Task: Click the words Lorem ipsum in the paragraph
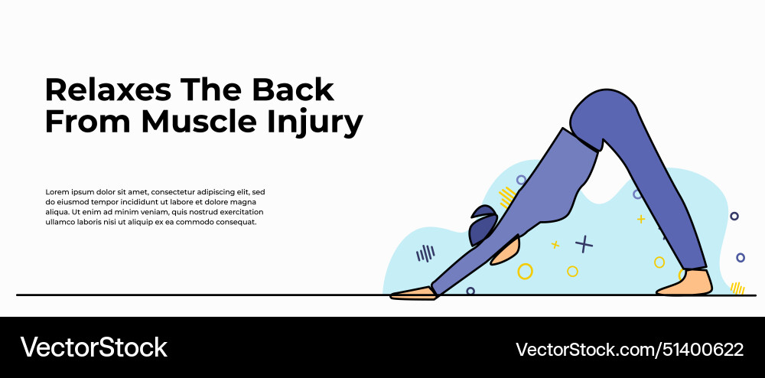67,192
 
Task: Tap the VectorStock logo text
93,348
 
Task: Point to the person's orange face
506,251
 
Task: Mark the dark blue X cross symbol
584,244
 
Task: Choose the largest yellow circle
525,271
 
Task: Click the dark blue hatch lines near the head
425,253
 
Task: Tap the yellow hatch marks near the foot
737,288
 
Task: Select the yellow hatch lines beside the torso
506,197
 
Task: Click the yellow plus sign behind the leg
641,220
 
